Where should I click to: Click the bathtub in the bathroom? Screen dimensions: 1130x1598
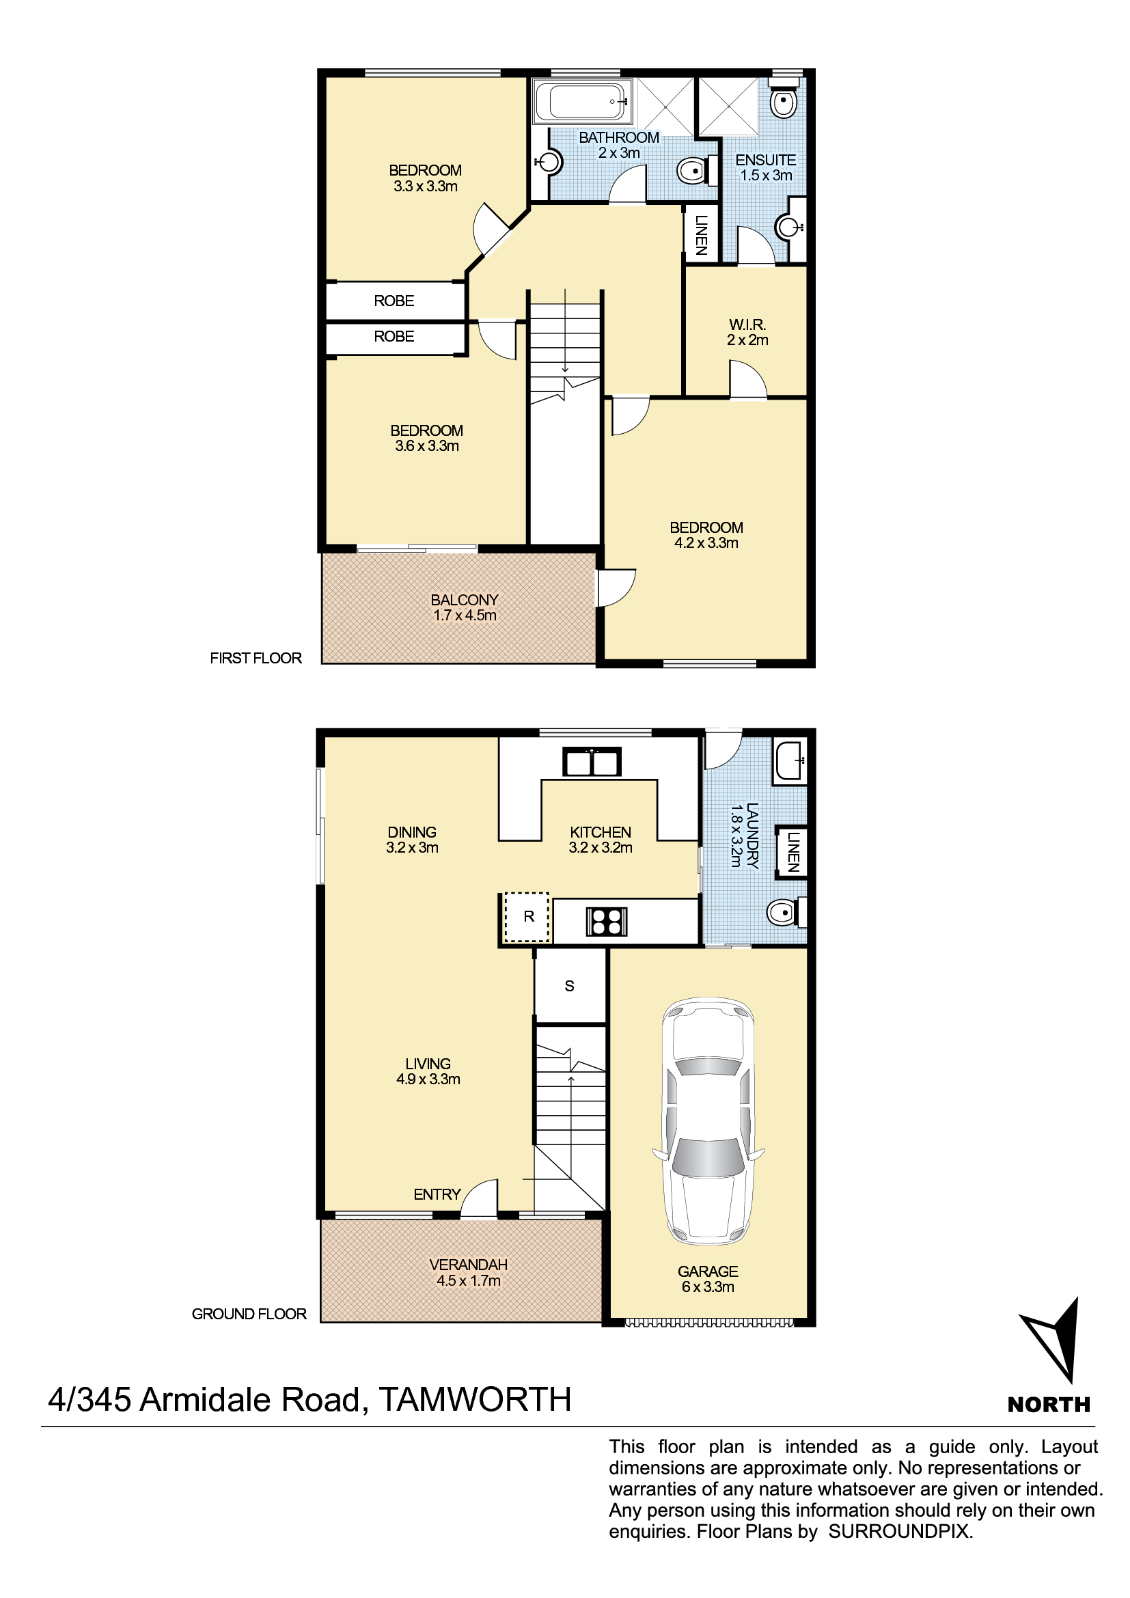point(583,102)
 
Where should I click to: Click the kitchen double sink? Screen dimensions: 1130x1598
point(592,762)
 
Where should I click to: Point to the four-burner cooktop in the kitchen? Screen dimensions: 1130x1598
point(606,922)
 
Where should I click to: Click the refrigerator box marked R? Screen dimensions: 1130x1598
point(527,918)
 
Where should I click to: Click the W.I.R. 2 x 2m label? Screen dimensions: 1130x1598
point(748,332)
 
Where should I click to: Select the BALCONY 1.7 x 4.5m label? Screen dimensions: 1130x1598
point(465,607)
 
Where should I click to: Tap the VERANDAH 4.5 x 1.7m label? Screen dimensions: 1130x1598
point(468,1272)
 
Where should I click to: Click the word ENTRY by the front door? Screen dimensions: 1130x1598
point(437,1194)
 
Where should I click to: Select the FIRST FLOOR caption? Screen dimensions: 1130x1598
point(256,658)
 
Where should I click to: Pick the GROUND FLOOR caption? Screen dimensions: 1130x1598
point(249,1314)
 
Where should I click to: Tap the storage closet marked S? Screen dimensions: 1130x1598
point(570,986)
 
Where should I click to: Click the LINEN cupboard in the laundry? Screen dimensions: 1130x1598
point(792,851)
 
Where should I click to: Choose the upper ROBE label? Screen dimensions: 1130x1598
point(394,301)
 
